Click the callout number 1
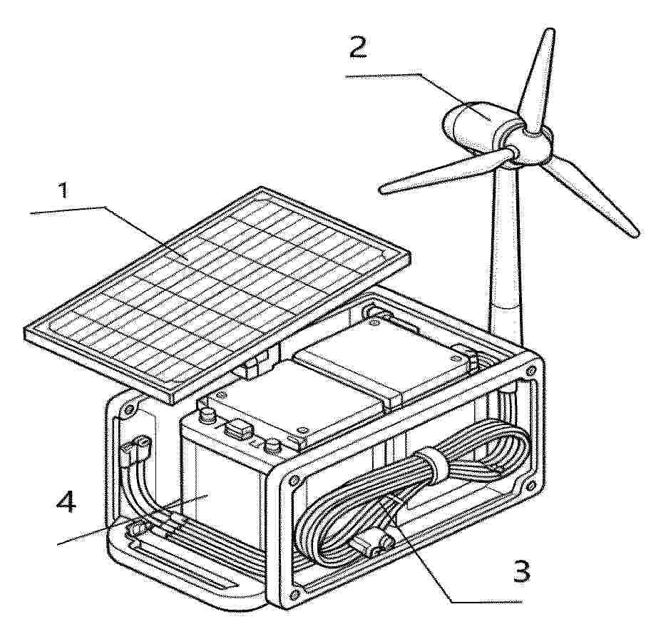(x=63, y=190)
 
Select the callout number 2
(x=358, y=47)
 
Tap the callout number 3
(x=521, y=571)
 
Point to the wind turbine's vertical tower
(x=507, y=255)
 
